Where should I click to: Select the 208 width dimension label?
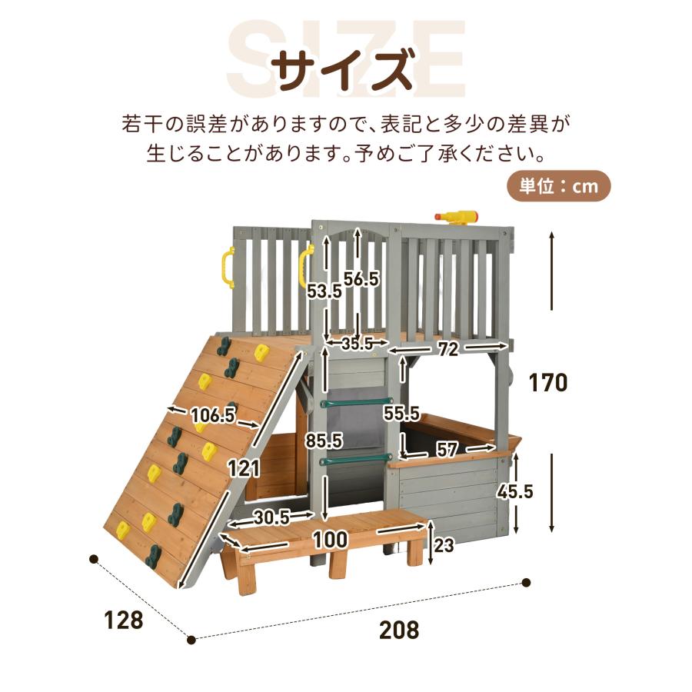399,630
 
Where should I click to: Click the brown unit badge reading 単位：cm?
558,187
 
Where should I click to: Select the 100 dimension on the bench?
331,539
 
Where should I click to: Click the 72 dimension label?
449,350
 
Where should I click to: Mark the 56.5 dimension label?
361,280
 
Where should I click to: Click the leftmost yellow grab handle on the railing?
227,267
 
